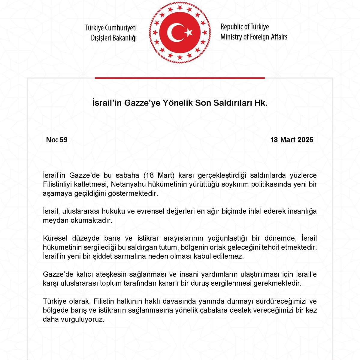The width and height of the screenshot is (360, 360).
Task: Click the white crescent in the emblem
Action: [172, 32]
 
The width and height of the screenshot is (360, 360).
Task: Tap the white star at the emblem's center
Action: [189, 32]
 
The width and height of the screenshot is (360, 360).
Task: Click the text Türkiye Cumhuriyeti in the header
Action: [111, 28]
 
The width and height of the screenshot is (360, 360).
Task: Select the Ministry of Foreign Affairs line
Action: [254, 37]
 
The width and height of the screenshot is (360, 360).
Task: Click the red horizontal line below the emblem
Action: [180, 78]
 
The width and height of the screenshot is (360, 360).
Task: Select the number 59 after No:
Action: [64, 140]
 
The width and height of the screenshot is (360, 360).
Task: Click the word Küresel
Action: [54, 238]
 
